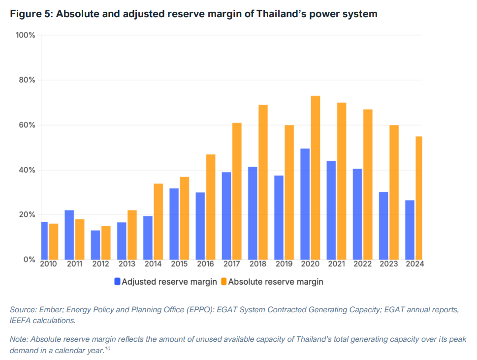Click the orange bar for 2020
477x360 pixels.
(x=316, y=178)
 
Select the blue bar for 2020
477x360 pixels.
(x=305, y=204)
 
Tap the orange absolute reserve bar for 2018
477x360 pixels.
(x=263, y=182)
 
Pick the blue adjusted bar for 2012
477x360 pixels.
(x=95, y=245)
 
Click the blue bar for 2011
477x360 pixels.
(x=69, y=235)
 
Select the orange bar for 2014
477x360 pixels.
(x=159, y=221)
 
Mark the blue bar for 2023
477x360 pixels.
(x=383, y=226)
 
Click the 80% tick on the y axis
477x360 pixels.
(x=25, y=80)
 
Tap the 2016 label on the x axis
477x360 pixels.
(x=205, y=264)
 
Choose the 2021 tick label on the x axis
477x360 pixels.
(x=336, y=264)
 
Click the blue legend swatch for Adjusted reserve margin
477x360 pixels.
(x=117, y=282)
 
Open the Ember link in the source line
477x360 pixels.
(x=51, y=309)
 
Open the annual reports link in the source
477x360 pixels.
(x=432, y=309)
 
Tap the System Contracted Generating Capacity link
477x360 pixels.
(x=310, y=309)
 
